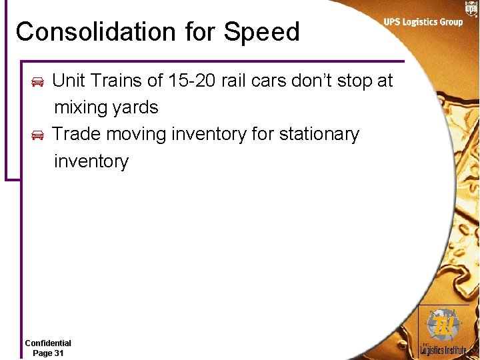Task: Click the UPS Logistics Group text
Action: (x=423, y=22)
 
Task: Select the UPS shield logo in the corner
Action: (x=471, y=8)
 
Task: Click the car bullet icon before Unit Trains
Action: (x=38, y=82)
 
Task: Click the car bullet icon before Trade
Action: (x=38, y=135)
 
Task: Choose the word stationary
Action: (x=319, y=134)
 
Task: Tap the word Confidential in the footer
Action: (x=48, y=343)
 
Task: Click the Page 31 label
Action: (x=48, y=353)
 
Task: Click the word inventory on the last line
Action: (x=91, y=161)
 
